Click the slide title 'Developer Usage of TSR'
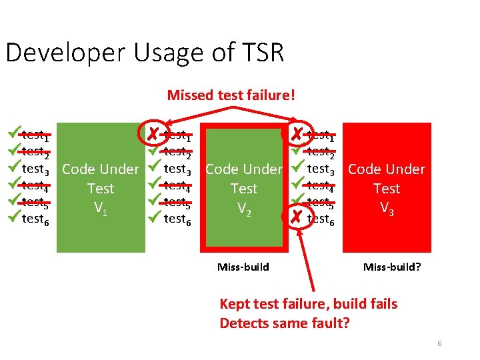click(x=145, y=53)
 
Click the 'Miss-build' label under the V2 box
click(x=243, y=267)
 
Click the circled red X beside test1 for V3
click(x=297, y=135)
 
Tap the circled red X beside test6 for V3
click(x=297, y=217)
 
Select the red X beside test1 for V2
click(x=154, y=135)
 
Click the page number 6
click(x=439, y=343)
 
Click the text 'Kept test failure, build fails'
click(x=308, y=304)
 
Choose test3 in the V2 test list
click(x=179, y=169)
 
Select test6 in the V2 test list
click(x=179, y=219)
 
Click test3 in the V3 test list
click(x=322, y=169)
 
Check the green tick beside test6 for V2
click(x=155, y=217)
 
